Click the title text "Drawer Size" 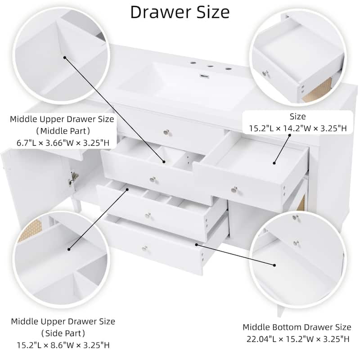coord(180,12)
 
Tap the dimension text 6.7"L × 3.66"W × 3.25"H coord(63,143)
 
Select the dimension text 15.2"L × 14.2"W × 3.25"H coord(298,128)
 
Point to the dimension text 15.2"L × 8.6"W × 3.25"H coord(63,345)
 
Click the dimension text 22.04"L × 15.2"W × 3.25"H coord(298,339)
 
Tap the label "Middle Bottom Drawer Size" coord(297,327)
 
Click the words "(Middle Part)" coord(63,131)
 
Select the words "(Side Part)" coord(63,333)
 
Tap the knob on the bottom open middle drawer coord(145,249)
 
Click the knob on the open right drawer coord(234,190)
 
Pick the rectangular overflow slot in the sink coord(203,76)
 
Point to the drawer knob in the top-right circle coord(265,73)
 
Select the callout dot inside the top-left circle coord(65,58)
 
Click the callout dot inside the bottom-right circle coord(274,265)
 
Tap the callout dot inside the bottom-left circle coord(69,249)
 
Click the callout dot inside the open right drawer coord(274,163)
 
